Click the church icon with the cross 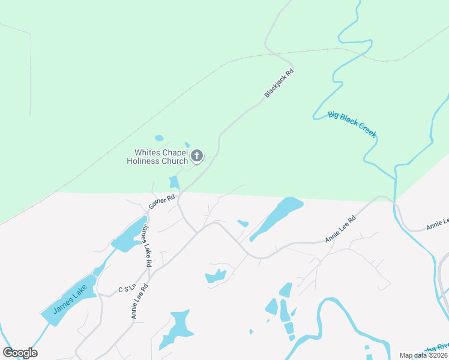196,157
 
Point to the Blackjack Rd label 279,83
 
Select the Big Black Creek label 352,124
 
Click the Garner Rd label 161,201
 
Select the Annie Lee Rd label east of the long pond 340,229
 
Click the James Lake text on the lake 71,298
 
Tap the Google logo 20,353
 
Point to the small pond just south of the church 174,182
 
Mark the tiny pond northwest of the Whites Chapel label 159,138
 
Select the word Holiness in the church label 142,161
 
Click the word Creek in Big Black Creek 367,130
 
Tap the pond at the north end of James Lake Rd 129,235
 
